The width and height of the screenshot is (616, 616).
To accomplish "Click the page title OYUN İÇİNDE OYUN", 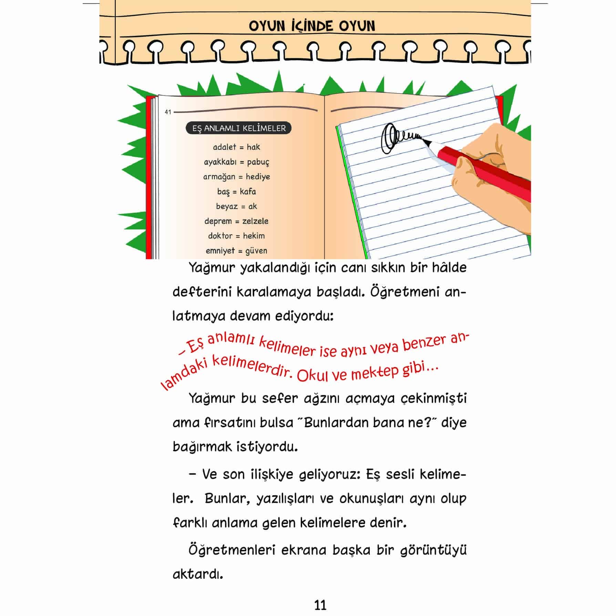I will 312,26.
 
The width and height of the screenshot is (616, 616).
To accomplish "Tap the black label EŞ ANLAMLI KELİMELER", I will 239,129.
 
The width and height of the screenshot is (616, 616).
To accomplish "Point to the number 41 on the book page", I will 168,112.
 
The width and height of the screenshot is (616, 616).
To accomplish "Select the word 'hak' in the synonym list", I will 253,147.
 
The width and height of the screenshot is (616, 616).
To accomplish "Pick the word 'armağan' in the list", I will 219,177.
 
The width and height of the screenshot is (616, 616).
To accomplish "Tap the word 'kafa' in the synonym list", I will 248,192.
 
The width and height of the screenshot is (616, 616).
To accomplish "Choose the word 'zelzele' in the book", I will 255,221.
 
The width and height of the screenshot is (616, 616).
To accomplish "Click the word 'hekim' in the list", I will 254,236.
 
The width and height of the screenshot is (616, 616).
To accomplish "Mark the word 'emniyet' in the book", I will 220,251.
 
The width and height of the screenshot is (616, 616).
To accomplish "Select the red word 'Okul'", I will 312,376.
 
